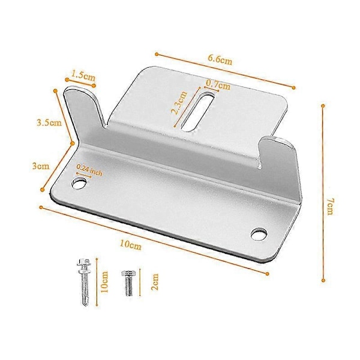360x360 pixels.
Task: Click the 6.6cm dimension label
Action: click(x=220, y=60)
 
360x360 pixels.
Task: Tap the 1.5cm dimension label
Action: click(x=83, y=76)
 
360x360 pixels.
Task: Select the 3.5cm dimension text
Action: click(x=49, y=122)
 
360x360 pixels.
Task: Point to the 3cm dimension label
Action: click(x=41, y=166)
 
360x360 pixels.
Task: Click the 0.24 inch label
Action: click(x=89, y=170)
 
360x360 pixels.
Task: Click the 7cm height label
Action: click(x=330, y=207)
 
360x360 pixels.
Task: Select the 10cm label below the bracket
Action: click(x=131, y=245)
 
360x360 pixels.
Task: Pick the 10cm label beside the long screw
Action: click(x=104, y=282)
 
